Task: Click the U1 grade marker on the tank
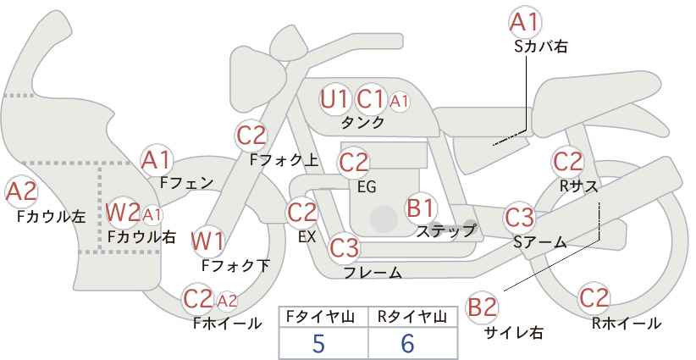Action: [x=334, y=99]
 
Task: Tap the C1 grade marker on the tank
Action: [x=370, y=99]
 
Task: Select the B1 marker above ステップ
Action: [x=420, y=208]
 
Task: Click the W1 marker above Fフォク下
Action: [x=207, y=241]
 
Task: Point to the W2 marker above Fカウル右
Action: [x=123, y=213]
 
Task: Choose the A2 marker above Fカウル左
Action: [x=21, y=192]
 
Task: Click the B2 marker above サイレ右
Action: [x=482, y=307]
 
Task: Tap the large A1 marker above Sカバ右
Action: [x=525, y=22]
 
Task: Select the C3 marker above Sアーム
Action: [x=519, y=218]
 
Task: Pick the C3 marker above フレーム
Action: [x=344, y=247]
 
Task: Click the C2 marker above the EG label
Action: [x=353, y=163]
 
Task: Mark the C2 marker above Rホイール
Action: [x=594, y=298]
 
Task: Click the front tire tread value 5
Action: [x=318, y=343]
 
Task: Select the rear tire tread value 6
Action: [x=407, y=343]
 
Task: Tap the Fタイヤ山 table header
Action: [x=320, y=317]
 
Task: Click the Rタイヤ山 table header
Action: [x=412, y=317]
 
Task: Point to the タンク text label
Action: [x=362, y=123]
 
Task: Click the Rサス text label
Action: [x=579, y=186]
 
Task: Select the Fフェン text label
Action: [x=186, y=182]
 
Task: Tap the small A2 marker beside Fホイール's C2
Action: [x=227, y=302]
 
